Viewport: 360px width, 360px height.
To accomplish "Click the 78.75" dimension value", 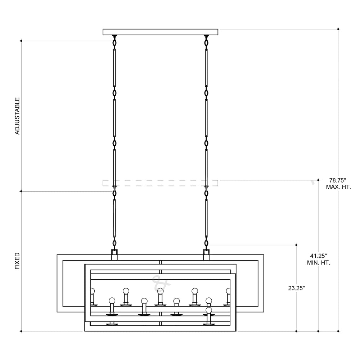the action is click(338, 180).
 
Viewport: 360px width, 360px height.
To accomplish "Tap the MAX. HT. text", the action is click(338, 187).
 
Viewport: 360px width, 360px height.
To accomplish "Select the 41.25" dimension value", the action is click(319, 256).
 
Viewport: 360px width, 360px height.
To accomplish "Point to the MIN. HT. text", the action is click(319, 263).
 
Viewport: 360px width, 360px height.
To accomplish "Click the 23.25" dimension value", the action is click(296, 288).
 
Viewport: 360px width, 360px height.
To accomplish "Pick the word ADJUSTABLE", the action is click(17, 116).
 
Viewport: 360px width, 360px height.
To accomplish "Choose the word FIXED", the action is click(17, 261).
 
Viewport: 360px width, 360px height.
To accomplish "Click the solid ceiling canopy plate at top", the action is click(160, 32).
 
